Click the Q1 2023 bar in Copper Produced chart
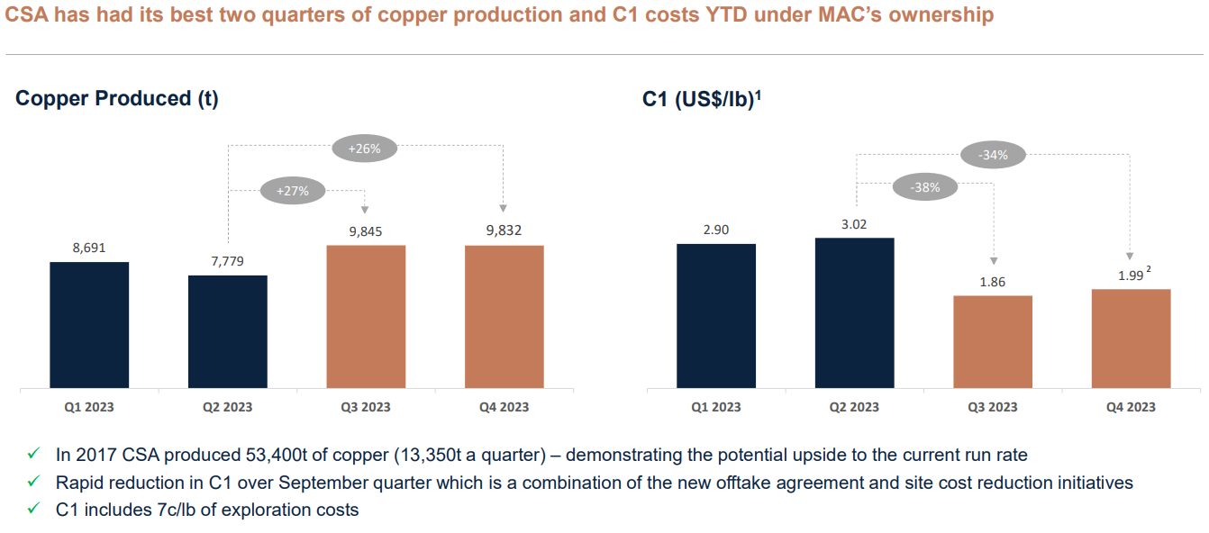[89, 326]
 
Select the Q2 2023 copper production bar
[228, 332]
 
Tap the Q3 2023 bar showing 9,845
[366, 317]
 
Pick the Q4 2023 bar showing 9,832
[505, 317]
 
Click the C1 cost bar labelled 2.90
[716, 316]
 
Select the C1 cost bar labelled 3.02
[854, 313]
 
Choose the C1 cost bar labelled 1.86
[993, 342]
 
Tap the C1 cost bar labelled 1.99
[1131, 339]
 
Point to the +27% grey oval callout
[292, 191]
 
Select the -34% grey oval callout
[993, 155]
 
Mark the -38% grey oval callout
[925, 188]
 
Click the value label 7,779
[228, 261]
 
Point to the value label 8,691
[89, 248]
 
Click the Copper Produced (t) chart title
[117, 99]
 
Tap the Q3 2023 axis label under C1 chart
[993, 407]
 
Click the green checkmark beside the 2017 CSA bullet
[33, 456]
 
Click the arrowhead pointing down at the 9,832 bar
[504, 209]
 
